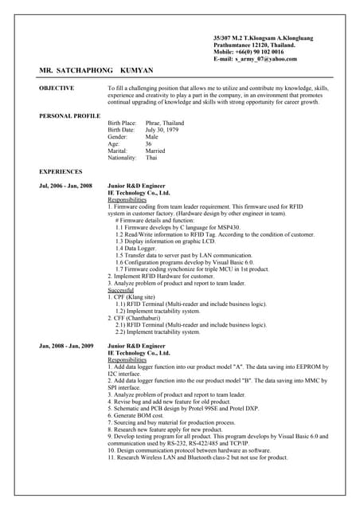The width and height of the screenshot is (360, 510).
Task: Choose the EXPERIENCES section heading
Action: [x=61, y=171]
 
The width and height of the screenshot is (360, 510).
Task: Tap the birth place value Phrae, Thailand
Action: [x=165, y=124]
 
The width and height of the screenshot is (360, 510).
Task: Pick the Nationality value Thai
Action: [x=151, y=158]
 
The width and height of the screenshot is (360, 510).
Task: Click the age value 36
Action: [x=149, y=143]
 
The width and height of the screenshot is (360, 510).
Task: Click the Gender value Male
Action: [x=152, y=137]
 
